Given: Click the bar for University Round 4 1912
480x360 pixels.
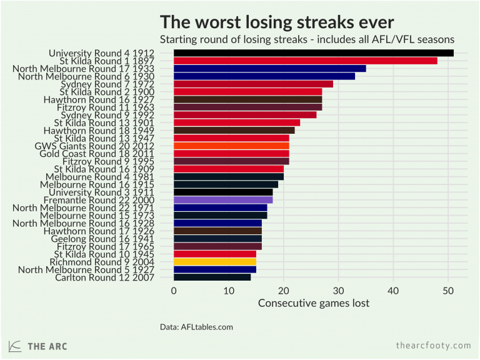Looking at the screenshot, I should point(312,53).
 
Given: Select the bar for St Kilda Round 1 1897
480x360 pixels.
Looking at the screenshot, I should point(305,61).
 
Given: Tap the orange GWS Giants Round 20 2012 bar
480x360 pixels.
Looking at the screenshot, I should point(231,146).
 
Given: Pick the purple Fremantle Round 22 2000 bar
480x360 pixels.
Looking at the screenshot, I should point(222,200).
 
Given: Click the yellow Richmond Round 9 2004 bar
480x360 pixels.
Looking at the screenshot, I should point(214,261).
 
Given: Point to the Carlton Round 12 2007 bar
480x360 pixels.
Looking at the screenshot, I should point(212,277).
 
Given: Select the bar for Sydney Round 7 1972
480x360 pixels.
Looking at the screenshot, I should point(252,84).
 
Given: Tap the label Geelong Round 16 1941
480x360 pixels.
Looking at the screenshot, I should point(112,239).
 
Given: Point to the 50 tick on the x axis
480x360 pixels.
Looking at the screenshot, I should point(448,291).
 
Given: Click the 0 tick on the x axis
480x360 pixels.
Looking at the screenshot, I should point(174,291).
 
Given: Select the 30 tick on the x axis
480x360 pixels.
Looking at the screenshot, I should point(338,291).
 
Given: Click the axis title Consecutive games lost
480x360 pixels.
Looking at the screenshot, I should point(314,304).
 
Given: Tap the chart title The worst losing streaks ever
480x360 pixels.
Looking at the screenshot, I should point(277,22).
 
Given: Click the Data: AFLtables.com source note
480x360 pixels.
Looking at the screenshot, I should point(196,326).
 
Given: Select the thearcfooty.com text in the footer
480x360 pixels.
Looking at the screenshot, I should point(433,346).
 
